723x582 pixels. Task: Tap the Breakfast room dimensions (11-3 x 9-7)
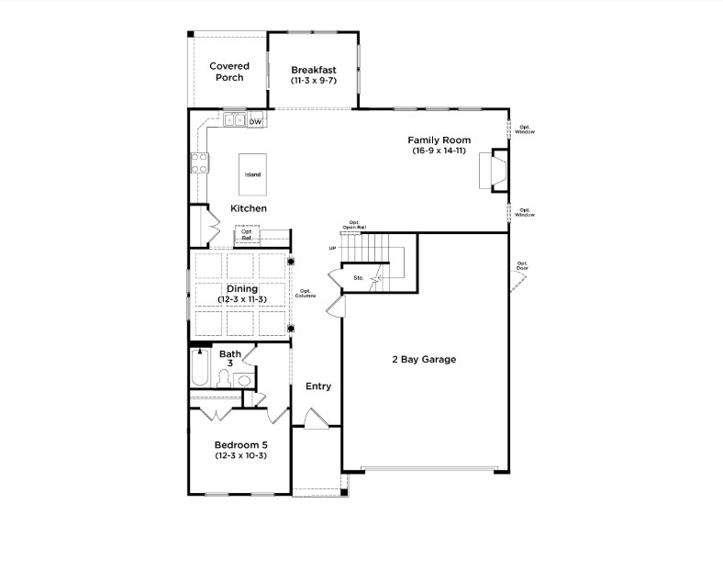[314, 81]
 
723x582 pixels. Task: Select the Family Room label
[439, 140]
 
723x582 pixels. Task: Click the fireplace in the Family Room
[492, 171]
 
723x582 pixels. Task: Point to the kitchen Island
[252, 173]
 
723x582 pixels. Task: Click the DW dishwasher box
[256, 121]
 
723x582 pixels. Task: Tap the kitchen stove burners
[198, 163]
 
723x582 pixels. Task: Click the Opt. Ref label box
[247, 236]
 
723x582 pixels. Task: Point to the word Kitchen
[249, 208]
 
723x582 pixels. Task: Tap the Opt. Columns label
[306, 294]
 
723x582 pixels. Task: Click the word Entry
[318, 386]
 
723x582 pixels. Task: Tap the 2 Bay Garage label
[423, 359]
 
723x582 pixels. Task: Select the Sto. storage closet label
[359, 276]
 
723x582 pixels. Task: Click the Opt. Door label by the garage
[522, 265]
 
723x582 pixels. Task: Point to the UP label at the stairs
[332, 249]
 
